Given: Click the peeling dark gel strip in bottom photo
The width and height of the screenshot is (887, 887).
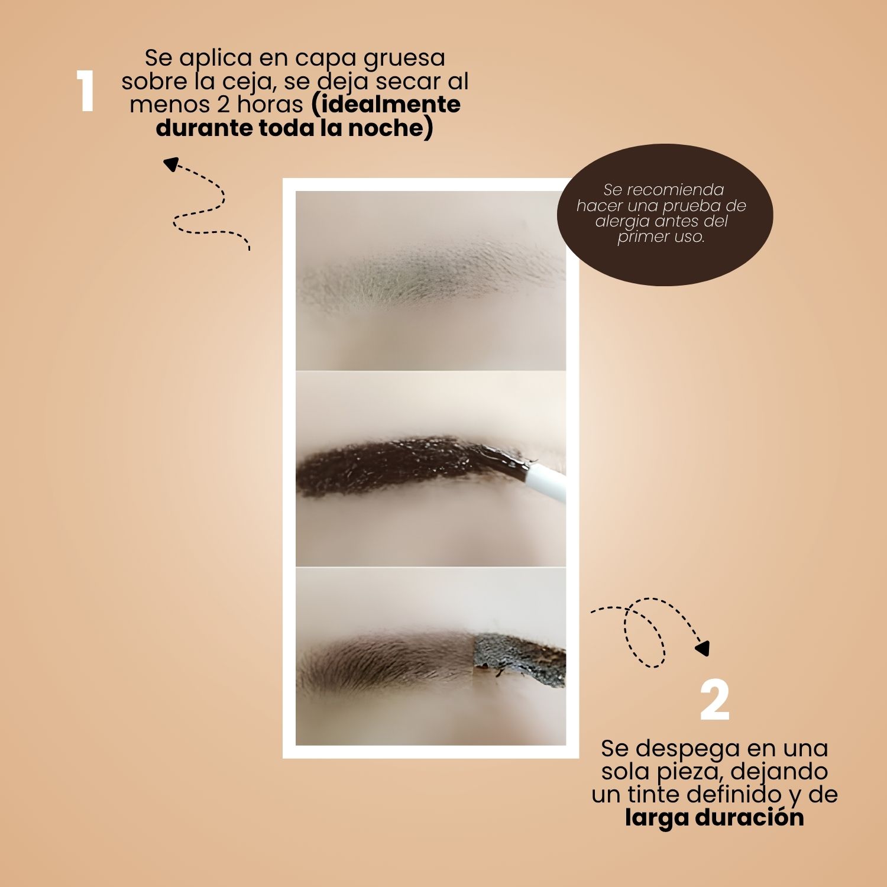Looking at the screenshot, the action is coord(519,658).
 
